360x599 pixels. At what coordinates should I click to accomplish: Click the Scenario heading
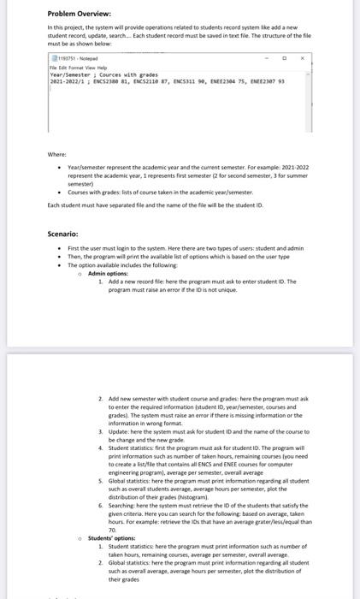click(x=64, y=210)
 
